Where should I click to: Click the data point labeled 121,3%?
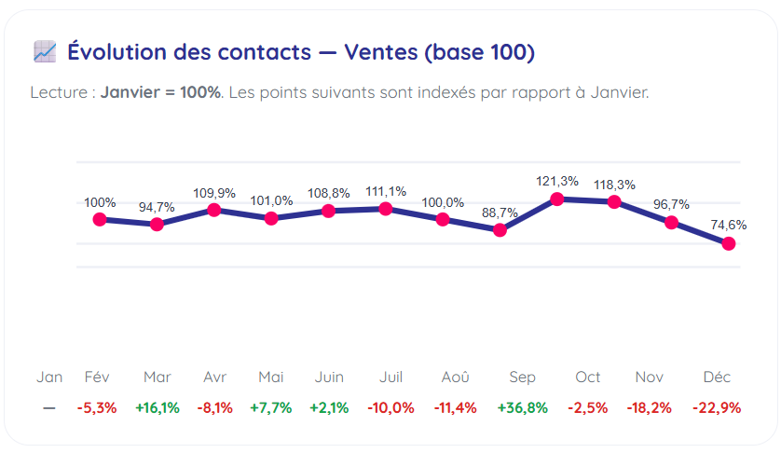point(557,199)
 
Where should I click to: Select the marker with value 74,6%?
point(729,243)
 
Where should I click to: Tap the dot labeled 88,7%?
point(500,229)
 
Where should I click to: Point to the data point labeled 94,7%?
point(157,224)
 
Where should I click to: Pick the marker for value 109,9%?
point(214,210)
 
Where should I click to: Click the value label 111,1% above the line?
point(386,191)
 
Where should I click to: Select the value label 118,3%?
point(614,185)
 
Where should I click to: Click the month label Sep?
point(522,377)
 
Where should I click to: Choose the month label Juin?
point(328,377)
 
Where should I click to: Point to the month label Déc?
point(717,377)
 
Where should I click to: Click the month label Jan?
point(49,377)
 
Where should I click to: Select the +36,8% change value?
point(522,408)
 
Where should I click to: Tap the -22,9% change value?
point(717,408)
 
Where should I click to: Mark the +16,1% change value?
point(158,408)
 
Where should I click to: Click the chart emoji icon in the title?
point(45,52)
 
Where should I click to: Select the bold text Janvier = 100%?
point(160,92)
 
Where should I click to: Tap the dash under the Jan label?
point(49,408)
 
